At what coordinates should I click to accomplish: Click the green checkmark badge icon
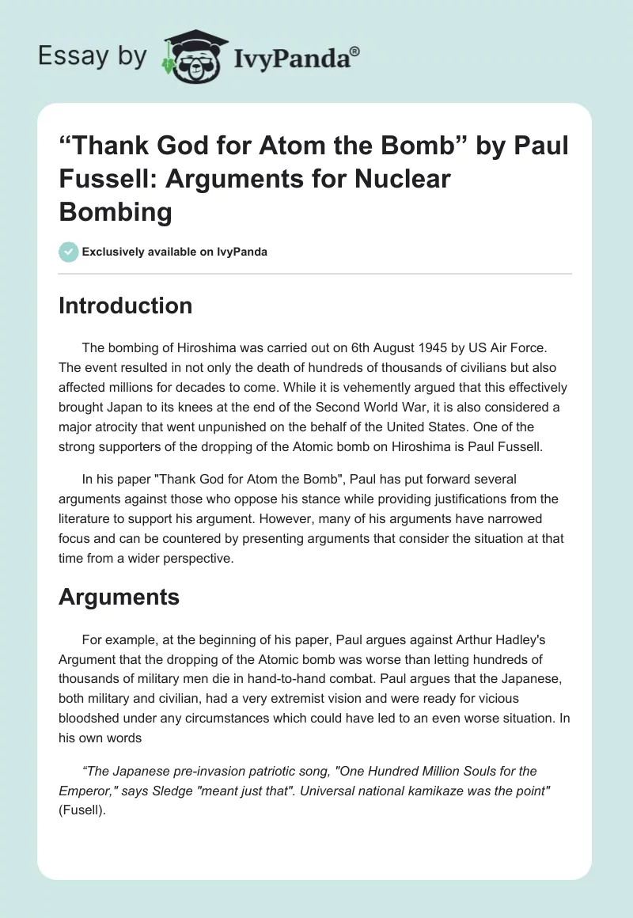pyautogui.click(x=69, y=252)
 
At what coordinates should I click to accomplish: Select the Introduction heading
pyautogui.click(x=125, y=305)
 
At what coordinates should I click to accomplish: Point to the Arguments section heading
pyautogui.click(x=119, y=597)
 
